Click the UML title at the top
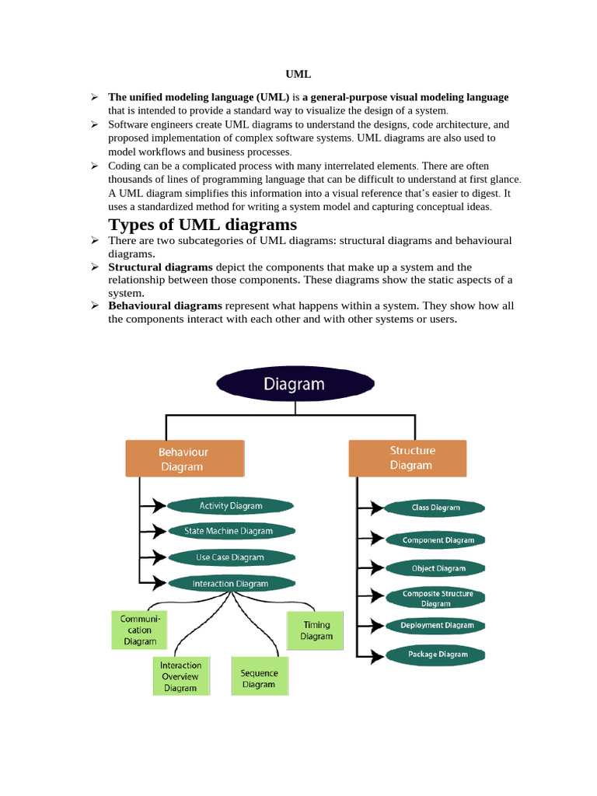[298, 75]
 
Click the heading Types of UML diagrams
[202, 225]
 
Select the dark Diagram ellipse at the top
[295, 384]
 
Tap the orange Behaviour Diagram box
[184, 459]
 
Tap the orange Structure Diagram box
[407, 458]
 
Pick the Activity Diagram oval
[231, 506]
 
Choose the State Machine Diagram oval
[231, 532]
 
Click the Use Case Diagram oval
[231, 557]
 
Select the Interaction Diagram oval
[231, 583]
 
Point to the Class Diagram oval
[435, 508]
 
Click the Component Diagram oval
[435, 540]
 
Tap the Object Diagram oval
[435, 568]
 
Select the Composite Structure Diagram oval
[435, 598]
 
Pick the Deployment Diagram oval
[435, 625]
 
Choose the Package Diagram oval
[435, 655]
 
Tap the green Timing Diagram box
[316, 630]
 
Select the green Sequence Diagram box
[259, 678]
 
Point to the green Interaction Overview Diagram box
[180, 676]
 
